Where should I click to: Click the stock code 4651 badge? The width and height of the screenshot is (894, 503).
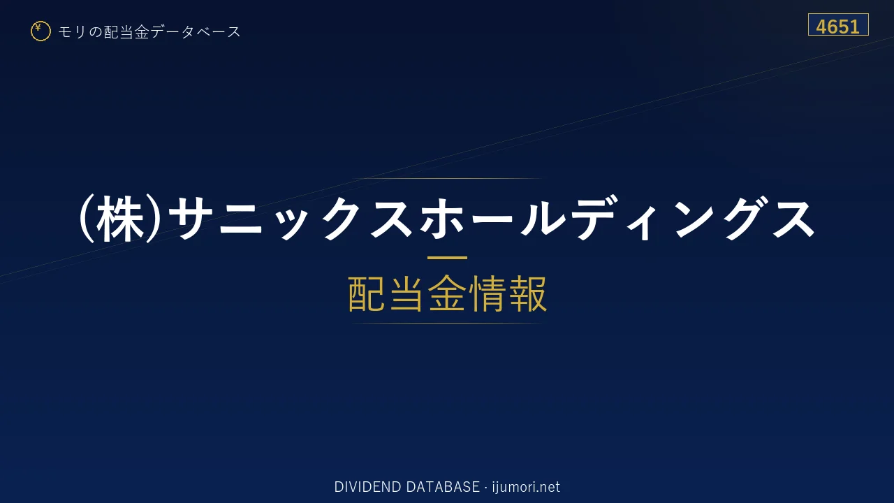[838, 24]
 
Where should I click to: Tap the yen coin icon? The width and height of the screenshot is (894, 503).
[41, 31]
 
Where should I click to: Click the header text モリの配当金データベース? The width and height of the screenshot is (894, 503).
[149, 32]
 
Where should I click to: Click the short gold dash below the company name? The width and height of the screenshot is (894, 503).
[447, 258]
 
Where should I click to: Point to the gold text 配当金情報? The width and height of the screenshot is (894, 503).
[448, 293]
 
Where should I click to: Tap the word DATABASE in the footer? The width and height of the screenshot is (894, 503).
[443, 487]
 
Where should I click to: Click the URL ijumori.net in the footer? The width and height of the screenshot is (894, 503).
[526, 487]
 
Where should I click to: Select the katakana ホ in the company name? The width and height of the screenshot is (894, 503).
[442, 219]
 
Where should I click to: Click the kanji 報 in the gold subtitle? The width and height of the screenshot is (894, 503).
[528, 293]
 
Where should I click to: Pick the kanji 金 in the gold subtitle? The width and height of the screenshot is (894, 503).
[448, 293]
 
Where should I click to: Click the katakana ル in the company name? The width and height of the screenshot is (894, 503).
[543, 219]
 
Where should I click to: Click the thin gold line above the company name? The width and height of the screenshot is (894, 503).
[447, 178]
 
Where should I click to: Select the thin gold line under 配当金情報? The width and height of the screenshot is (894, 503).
[447, 323]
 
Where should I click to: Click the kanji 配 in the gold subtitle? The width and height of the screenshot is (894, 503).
[367, 293]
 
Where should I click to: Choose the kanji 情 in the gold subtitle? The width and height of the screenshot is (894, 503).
[488, 293]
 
